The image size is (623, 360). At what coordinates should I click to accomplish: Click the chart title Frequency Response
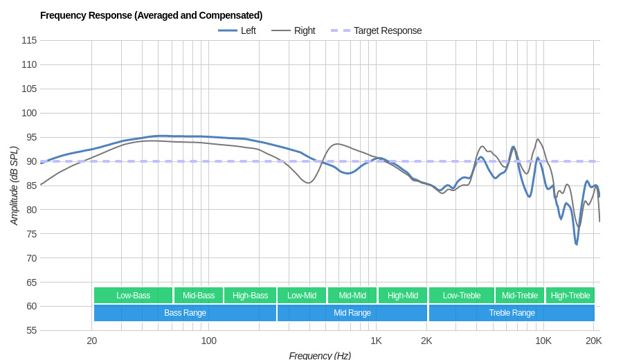tap(151, 15)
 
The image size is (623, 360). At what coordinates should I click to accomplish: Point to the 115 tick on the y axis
tap(29, 40)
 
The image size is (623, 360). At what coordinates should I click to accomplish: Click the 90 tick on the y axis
tap(31, 161)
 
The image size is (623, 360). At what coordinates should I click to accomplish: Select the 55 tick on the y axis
tap(31, 330)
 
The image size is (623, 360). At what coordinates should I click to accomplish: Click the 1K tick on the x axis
tap(376, 341)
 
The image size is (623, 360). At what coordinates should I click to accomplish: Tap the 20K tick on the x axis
tap(593, 341)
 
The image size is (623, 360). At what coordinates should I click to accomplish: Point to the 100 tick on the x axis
tap(208, 341)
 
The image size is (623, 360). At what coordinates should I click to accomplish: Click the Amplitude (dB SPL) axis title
tap(14, 186)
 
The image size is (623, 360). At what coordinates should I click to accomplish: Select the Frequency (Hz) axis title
tap(320, 355)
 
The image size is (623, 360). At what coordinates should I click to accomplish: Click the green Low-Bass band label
tap(133, 296)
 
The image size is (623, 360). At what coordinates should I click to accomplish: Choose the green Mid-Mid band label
tap(352, 296)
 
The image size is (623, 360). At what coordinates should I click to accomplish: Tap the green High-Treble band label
tap(570, 296)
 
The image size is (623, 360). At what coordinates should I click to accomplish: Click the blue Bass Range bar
tap(185, 313)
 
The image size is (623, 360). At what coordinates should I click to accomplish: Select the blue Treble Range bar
tap(512, 313)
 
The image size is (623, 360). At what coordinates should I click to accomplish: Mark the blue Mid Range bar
tap(352, 313)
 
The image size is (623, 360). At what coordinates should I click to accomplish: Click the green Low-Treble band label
tap(462, 296)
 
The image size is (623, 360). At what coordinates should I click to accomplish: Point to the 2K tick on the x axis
tap(426, 341)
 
